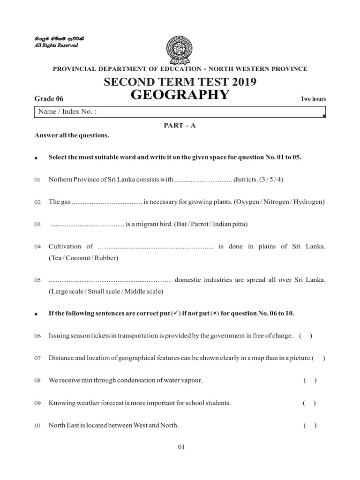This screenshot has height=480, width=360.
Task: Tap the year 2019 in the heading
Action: pyautogui.click(x=242, y=82)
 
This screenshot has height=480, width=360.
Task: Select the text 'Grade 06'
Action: pyautogui.click(x=49, y=98)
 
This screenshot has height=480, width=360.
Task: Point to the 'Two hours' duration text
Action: pyautogui.click(x=313, y=99)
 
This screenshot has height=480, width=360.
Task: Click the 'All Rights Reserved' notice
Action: pyautogui.click(x=56, y=45)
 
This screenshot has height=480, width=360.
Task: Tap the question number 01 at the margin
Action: pyautogui.click(x=38, y=180)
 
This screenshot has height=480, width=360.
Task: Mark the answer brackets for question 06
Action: pyautogui.click(x=305, y=336)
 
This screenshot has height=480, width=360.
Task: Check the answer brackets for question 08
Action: pyautogui.click(x=310, y=380)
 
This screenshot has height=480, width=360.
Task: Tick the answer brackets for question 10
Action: pyautogui.click(x=310, y=426)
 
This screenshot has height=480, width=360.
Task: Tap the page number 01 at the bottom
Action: pyautogui.click(x=182, y=447)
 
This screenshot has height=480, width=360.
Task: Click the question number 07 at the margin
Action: pyautogui.click(x=38, y=359)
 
